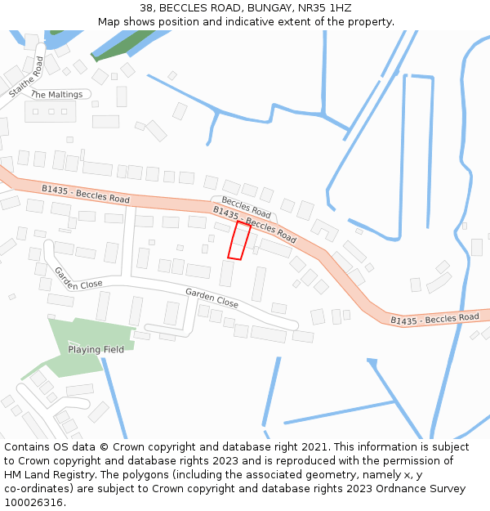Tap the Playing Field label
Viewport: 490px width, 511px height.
pyautogui.click(x=96, y=350)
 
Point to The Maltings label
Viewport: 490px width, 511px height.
pyautogui.click(x=56, y=95)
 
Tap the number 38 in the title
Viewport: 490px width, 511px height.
pyautogui.click(x=146, y=8)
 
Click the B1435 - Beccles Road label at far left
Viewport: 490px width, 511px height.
pyautogui.click(x=86, y=194)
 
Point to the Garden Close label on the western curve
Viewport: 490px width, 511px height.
pyautogui.click(x=78, y=279)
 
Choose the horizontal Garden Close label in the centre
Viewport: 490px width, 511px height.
pyautogui.click(x=212, y=298)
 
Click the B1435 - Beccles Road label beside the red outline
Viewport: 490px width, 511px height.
pyautogui.click(x=255, y=224)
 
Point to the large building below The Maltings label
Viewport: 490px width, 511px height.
pyautogui.click(x=50, y=111)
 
